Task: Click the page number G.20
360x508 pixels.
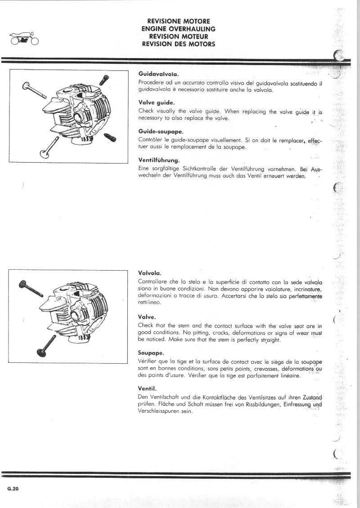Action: coord(13,489)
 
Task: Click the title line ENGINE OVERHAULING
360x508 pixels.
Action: coord(178,29)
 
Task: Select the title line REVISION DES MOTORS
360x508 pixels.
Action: coord(178,44)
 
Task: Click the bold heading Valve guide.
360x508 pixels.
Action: coord(153,102)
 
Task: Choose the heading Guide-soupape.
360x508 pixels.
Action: coord(154,131)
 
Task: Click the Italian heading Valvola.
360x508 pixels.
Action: coord(149,273)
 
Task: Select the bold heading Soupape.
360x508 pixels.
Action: coord(151,353)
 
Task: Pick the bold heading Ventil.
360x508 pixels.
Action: coord(147,388)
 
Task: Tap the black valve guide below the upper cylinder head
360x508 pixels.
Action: coord(110,137)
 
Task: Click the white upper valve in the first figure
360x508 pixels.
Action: coord(34,90)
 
